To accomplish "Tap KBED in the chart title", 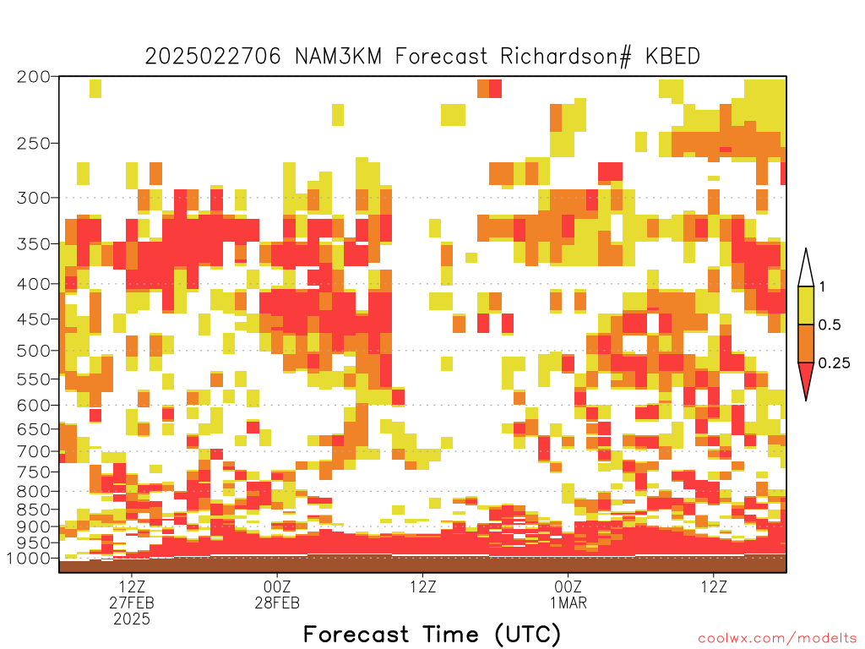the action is [x=673, y=57].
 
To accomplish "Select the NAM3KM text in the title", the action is [x=338, y=57].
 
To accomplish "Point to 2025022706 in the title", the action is [x=212, y=57].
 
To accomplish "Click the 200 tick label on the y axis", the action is [x=33, y=77].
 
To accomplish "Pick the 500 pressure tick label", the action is [x=33, y=351].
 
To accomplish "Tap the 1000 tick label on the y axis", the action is [x=29, y=558].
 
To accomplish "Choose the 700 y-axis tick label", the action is [x=33, y=451].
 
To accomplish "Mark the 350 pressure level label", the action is [x=33, y=244].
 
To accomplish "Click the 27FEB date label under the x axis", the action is [x=132, y=603].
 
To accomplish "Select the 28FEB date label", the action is [x=277, y=603].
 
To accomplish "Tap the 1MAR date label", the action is [x=569, y=603].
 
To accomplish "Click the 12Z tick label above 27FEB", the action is [x=132, y=586].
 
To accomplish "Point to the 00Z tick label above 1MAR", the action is [x=569, y=586].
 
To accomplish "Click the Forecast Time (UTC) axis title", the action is [x=432, y=635].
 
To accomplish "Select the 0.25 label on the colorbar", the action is [x=834, y=363].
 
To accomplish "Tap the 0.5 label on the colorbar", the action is [x=830, y=324].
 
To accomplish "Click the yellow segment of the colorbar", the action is [x=806, y=305].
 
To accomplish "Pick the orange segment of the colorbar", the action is [x=806, y=343].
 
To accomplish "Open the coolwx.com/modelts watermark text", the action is [x=777, y=639].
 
